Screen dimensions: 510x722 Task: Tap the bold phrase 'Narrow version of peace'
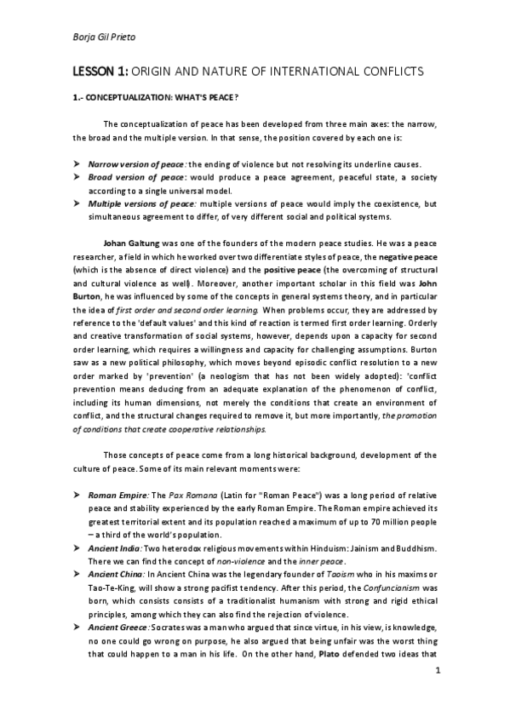[136, 163]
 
